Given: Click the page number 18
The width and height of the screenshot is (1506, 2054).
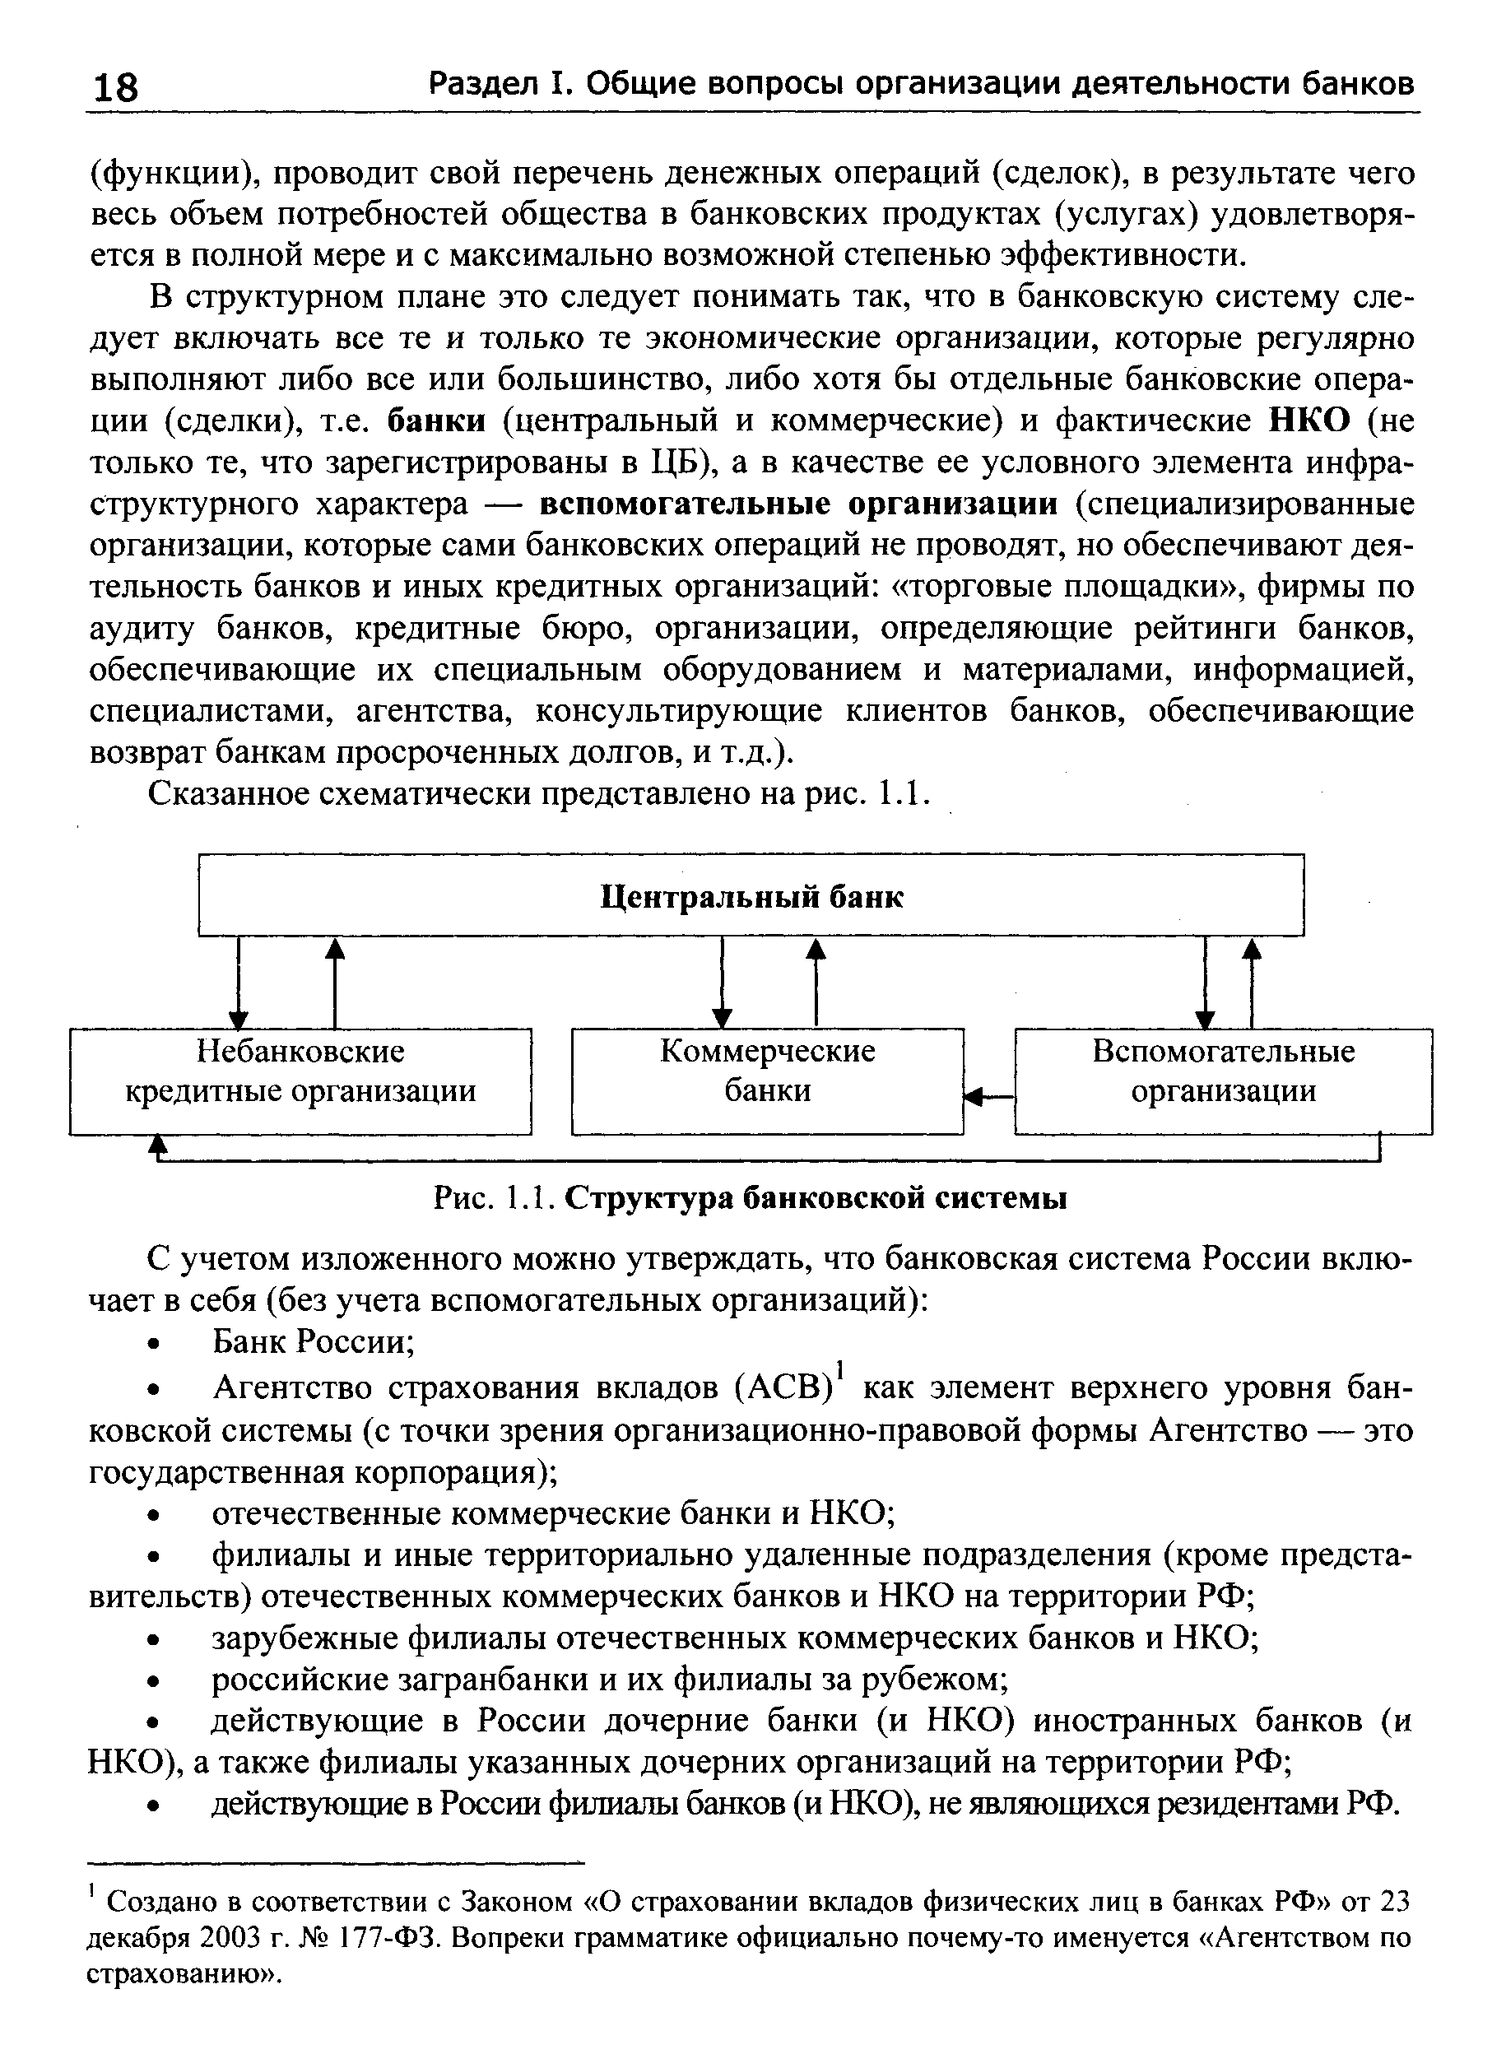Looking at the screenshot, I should click(x=115, y=87).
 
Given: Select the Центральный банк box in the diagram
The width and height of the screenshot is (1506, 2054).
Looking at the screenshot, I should click(x=751, y=895).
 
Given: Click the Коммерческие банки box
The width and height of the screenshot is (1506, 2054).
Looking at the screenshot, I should click(x=767, y=1081).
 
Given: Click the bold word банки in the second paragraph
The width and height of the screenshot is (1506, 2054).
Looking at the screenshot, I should click(x=437, y=421).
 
